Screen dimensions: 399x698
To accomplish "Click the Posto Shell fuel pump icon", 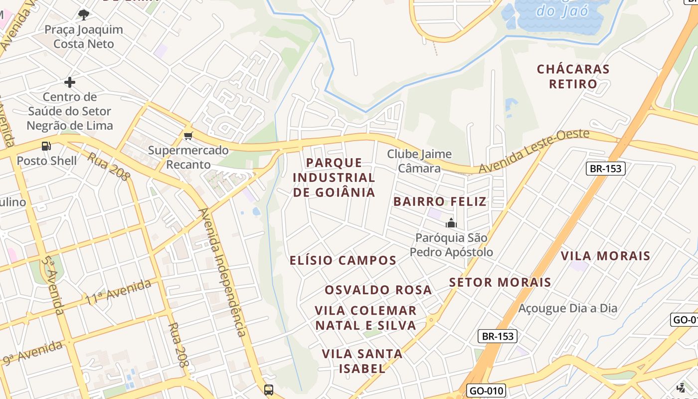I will click(46, 146).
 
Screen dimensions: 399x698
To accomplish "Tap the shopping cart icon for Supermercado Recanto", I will click(188, 136).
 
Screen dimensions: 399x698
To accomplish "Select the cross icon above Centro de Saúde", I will click(70, 82).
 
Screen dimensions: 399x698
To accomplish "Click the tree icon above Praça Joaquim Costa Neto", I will click(84, 15).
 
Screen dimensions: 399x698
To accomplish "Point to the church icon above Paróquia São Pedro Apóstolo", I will click(451, 223).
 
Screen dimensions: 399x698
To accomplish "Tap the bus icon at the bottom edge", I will click(269, 390).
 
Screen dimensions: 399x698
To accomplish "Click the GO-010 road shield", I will click(487, 391).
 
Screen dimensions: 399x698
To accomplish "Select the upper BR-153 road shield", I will click(605, 168).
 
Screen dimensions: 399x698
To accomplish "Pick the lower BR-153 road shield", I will click(498, 336).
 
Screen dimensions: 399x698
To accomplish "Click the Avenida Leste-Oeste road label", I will click(534, 151).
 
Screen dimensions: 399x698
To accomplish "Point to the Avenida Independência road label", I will click(223, 272).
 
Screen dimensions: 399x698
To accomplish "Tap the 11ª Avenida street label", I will click(118, 292).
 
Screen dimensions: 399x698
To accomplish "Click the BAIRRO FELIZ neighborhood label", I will click(440, 201).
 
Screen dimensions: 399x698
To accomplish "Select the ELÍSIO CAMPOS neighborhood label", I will click(343, 260).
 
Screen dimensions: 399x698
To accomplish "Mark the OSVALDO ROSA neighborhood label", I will click(378, 290).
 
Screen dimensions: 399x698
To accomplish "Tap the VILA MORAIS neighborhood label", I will click(605, 256).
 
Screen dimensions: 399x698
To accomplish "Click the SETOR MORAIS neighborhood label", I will click(500, 282).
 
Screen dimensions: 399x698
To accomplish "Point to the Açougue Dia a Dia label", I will click(568, 308).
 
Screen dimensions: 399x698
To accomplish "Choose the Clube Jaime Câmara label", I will click(419, 161).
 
